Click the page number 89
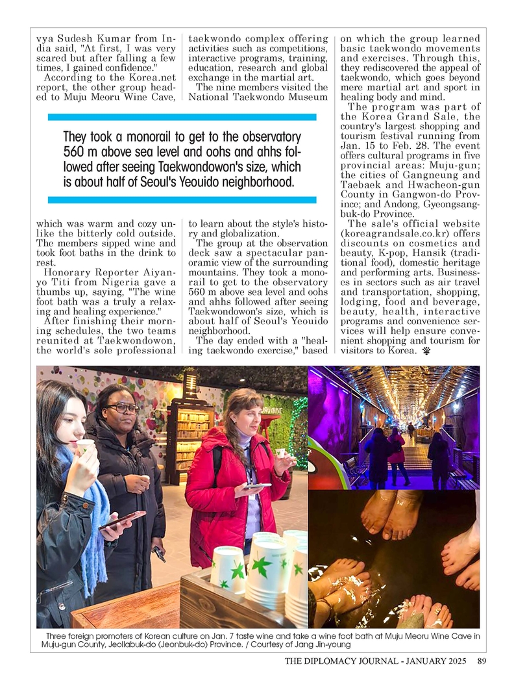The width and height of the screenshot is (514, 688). point(481,662)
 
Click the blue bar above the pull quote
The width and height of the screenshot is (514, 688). point(182,117)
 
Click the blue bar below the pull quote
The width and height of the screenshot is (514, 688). point(182,199)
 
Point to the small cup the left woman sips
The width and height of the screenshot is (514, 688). point(85,446)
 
